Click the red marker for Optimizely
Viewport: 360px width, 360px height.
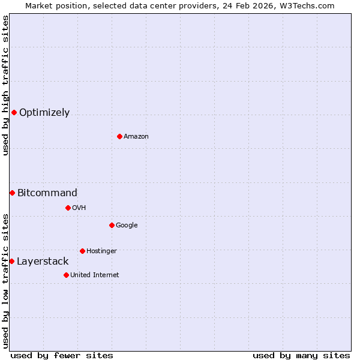pyautogui.click(x=14, y=112)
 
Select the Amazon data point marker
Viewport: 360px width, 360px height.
pyautogui.click(x=119, y=136)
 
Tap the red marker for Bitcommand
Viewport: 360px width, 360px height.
pyautogui.click(x=12, y=193)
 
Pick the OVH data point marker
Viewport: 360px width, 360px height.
pyautogui.click(x=68, y=208)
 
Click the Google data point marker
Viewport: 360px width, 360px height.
pyautogui.click(x=112, y=225)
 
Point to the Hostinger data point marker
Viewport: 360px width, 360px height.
pyautogui.click(x=82, y=251)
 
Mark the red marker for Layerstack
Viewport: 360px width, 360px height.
pyautogui.click(x=11, y=261)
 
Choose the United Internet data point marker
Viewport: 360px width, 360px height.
pyautogui.click(x=66, y=275)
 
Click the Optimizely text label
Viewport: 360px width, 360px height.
pyautogui.click(x=44, y=112)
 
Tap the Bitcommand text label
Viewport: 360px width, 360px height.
pyautogui.click(x=47, y=193)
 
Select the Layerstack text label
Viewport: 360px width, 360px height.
pyautogui.click(x=43, y=261)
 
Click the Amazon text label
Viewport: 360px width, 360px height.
pyautogui.click(x=136, y=136)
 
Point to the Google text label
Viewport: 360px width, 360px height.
pyautogui.click(x=127, y=225)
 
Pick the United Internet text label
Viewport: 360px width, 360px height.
pyautogui.click(x=95, y=275)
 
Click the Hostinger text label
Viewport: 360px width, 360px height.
pyautogui.click(x=101, y=251)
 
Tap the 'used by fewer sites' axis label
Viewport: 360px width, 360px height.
pyautogui.click(x=62, y=355)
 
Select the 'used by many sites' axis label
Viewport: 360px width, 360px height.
pyautogui.click(x=301, y=355)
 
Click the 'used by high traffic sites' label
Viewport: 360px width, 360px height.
pyautogui.click(x=6, y=85)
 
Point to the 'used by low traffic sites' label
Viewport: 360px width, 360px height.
pyautogui.click(x=6, y=281)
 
